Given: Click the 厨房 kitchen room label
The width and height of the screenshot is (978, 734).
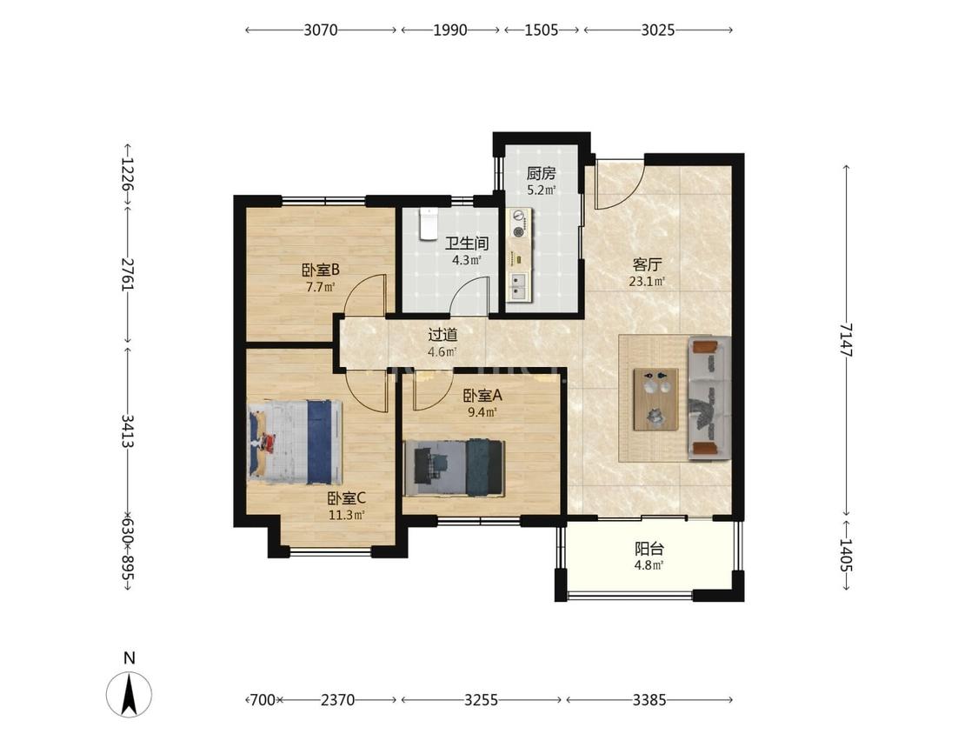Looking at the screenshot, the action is click(x=541, y=173).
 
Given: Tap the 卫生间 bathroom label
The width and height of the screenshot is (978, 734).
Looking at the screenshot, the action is click(x=467, y=244).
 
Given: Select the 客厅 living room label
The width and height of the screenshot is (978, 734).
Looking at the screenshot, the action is click(x=647, y=264).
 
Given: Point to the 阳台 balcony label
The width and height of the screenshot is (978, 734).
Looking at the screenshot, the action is click(x=649, y=550).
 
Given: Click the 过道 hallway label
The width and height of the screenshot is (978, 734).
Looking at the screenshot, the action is click(x=442, y=335).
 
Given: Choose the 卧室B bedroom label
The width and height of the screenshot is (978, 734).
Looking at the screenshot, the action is click(x=321, y=270).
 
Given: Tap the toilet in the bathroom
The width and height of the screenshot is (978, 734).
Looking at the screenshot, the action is click(x=429, y=224).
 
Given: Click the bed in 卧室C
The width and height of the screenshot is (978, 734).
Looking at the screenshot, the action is click(x=296, y=442).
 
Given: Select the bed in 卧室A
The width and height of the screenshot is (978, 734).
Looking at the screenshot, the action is click(x=454, y=468).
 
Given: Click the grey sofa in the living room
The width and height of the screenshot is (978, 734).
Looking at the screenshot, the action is click(x=709, y=398).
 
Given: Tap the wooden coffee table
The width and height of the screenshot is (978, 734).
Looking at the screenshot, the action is click(x=656, y=399).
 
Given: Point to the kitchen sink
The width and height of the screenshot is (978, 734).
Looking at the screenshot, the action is click(x=518, y=286).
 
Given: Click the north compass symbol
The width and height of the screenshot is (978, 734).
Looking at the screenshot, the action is click(x=130, y=693).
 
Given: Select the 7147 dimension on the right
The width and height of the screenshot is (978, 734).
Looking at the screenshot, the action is click(x=847, y=339).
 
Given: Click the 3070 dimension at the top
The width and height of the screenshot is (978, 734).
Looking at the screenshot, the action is click(x=321, y=30).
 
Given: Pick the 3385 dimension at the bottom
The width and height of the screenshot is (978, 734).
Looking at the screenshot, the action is click(x=649, y=700).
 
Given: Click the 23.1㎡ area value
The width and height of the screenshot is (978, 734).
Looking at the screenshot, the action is click(x=647, y=282).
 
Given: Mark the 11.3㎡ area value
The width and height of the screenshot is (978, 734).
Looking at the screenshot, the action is click(x=346, y=516).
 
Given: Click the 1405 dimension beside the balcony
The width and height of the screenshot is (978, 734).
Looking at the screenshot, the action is click(x=847, y=556).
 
